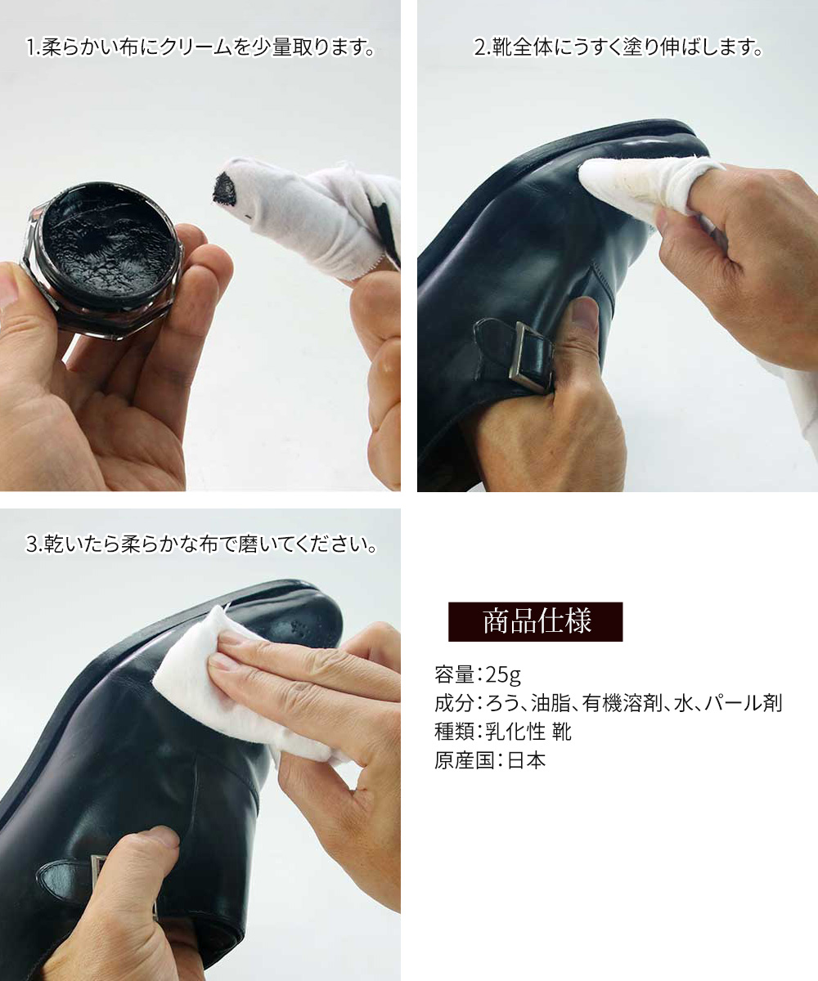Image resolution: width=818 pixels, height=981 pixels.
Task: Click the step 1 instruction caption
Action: click(x=200, y=47)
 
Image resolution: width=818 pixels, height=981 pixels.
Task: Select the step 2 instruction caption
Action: click(x=618, y=47)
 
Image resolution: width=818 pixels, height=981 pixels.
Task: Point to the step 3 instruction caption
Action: click(x=201, y=544)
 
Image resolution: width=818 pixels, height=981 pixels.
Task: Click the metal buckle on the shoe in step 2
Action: click(x=533, y=356)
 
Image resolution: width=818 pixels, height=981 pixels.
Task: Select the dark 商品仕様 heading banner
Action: click(x=536, y=621)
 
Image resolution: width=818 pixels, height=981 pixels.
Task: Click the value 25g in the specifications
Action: click(x=503, y=675)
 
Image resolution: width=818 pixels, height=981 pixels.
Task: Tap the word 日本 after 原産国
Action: click(x=526, y=760)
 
